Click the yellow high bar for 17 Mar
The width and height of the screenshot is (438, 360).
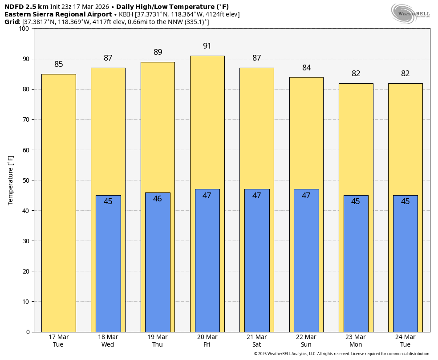(x=58, y=203)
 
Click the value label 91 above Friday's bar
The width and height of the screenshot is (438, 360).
(x=207, y=46)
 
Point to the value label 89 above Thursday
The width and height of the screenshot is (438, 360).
(x=158, y=52)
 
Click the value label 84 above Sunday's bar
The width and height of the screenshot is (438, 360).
(x=306, y=68)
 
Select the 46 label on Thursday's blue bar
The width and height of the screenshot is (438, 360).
(x=158, y=199)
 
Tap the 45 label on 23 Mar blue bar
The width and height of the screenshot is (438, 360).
(x=356, y=201)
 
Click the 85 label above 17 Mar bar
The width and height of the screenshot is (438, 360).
(x=59, y=64)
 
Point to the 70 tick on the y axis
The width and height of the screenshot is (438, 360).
(x=26, y=119)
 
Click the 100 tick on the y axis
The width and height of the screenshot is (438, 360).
(x=24, y=29)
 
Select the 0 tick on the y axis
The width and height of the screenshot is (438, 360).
(x=28, y=332)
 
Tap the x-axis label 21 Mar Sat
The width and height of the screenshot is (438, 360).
(x=256, y=341)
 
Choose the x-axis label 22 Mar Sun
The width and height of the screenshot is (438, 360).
(x=306, y=341)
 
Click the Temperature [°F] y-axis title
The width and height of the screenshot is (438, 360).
(x=11, y=180)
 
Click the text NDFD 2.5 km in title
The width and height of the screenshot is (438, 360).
(x=26, y=7)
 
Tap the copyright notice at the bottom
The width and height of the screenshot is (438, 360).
(x=342, y=354)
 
